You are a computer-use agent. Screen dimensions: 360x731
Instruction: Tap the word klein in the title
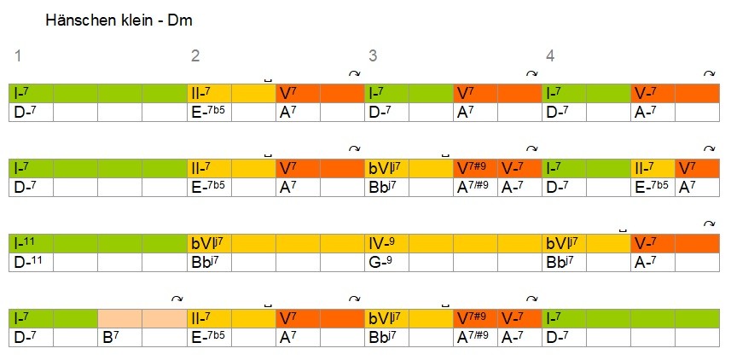click(138, 20)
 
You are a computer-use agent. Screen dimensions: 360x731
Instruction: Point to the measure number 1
click(18, 57)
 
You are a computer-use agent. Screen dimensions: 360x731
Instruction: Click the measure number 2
click(195, 57)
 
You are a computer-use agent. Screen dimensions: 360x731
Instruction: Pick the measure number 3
click(373, 57)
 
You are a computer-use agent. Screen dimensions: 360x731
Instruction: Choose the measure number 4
click(550, 57)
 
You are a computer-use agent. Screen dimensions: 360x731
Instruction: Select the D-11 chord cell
click(29, 262)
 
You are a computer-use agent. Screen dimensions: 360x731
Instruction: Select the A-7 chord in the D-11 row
click(649, 262)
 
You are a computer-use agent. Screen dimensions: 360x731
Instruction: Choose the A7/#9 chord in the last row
click(474, 337)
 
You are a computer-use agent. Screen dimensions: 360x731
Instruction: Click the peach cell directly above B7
click(119, 318)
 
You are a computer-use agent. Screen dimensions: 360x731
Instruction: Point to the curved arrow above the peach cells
click(177, 299)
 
